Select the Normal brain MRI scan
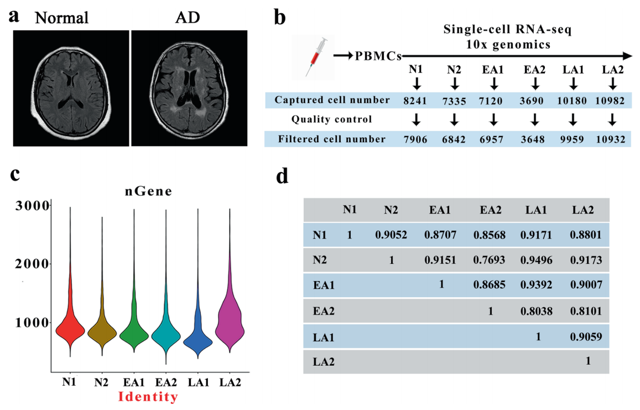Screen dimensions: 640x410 (x=71, y=88)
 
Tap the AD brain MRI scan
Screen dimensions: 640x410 (x=189, y=88)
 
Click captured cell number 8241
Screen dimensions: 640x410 (x=415, y=101)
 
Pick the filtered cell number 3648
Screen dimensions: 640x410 (x=533, y=139)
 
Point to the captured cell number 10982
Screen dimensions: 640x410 (x=610, y=101)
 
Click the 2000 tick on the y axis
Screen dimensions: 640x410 (x=32, y=264)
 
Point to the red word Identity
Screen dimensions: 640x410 (x=148, y=397)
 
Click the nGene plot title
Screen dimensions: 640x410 (x=149, y=191)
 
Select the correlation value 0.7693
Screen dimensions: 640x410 (x=489, y=260)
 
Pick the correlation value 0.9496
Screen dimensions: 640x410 (x=537, y=260)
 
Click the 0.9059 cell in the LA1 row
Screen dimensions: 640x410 (x=586, y=336)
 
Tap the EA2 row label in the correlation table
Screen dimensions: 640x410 (x=324, y=311)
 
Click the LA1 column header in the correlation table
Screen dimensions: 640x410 (x=536, y=210)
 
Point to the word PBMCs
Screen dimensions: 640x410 (x=378, y=56)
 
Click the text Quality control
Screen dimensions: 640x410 (x=331, y=120)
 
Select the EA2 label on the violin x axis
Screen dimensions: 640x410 (x=166, y=382)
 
